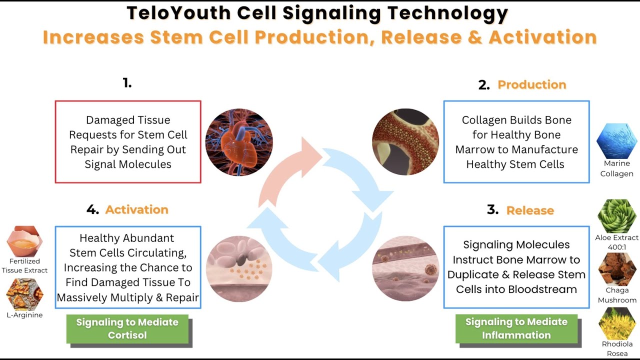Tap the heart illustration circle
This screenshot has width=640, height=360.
click(x=239, y=142)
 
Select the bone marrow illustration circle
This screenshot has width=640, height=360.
click(x=405, y=142)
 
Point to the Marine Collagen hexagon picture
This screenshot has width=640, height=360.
click(x=616, y=141)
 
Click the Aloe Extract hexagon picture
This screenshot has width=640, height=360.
click(x=617, y=216)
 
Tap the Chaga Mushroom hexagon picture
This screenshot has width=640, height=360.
click(x=617, y=268)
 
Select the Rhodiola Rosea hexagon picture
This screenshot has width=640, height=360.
click(x=617, y=323)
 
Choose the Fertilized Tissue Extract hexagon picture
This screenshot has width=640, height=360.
click(x=25, y=242)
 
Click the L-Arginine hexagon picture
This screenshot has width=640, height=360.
click(x=25, y=294)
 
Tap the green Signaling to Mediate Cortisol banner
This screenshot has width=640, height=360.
click(x=127, y=328)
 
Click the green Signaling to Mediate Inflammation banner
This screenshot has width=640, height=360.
click(x=516, y=328)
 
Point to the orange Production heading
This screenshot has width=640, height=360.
click(x=532, y=85)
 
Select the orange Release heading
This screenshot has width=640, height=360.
click(x=530, y=210)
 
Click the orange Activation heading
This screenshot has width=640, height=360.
click(x=136, y=210)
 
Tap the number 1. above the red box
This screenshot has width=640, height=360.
click(x=127, y=83)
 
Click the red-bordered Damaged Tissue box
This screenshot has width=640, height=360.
click(x=128, y=142)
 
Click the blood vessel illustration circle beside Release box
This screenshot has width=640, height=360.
click(x=405, y=268)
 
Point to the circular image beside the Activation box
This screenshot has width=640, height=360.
click(x=239, y=269)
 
